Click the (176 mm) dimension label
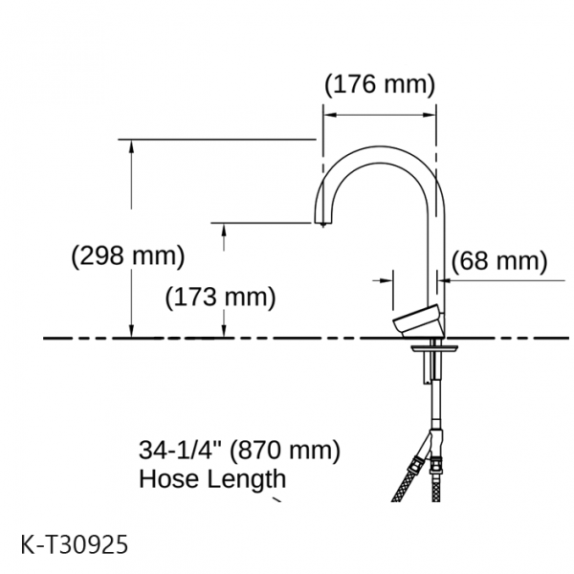click(380, 84)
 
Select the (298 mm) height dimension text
click(128, 255)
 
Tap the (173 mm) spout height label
click(220, 297)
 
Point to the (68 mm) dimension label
click(499, 261)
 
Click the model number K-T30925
click(75, 544)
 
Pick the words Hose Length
click(212, 478)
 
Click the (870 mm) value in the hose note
click(285, 450)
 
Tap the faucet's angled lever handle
click(417, 320)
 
